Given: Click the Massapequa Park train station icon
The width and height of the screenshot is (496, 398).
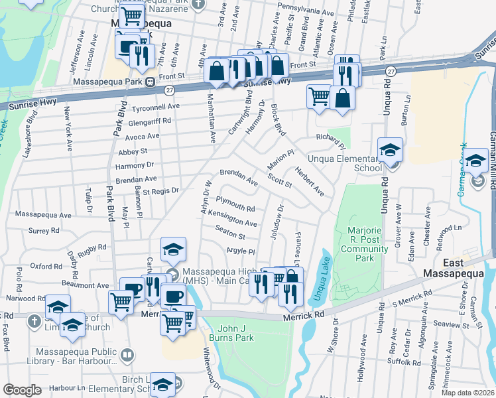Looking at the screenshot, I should pos(151,82).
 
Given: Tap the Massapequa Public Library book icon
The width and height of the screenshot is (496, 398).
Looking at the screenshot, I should pos(127,356).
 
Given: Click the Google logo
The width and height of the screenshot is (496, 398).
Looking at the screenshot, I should pos(22,390).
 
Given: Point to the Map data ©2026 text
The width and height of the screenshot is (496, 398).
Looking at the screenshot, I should pos(467,393).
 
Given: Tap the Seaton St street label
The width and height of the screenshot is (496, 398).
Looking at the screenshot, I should pos(230,232).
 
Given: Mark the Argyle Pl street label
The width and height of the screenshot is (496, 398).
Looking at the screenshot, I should pos(241,251).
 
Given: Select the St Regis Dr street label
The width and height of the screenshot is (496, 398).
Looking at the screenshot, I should pos(156,191).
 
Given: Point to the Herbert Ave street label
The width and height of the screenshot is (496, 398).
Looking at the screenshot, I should pos(310,180).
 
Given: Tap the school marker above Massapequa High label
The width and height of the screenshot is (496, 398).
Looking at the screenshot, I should pos(173,250).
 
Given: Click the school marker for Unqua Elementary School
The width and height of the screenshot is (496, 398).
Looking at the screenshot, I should pos(390,149).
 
